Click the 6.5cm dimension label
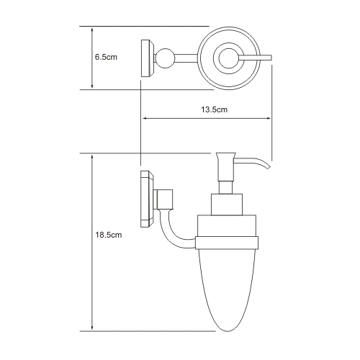[x=106, y=57]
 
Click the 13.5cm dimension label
[x=214, y=109]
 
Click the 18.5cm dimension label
[x=109, y=235]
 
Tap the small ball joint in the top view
[x=165, y=58]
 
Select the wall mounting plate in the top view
[x=147, y=58]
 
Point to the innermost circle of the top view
[x=229, y=58]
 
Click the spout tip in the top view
[x=270, y=58]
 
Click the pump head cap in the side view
[x=225, y=166]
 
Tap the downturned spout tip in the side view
[x=268, y=166]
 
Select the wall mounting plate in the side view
[x=147, y=199]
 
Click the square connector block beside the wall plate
[x=163, y=199]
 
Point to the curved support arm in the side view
[x=172, y=233]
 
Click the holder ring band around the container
[x=227, y=243]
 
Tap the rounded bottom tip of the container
[x=228, y=331]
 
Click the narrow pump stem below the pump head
[x=226, y=187]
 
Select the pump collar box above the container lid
[x=227, y=204]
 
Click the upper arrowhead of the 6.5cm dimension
[x=92, y=30]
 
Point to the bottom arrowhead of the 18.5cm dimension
[x=92, y=328]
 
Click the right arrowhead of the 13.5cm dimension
[x=268, y=118]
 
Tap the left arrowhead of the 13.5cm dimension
[x=145, y=118]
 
